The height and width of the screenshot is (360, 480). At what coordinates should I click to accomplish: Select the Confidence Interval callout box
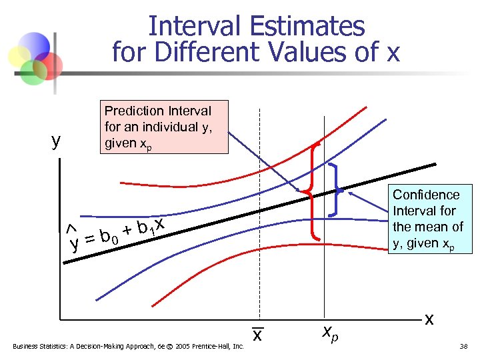pos(427,219)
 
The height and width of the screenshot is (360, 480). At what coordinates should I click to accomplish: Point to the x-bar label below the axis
pos(256,336)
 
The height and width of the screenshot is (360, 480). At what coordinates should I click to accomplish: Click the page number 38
pos(465,347)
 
